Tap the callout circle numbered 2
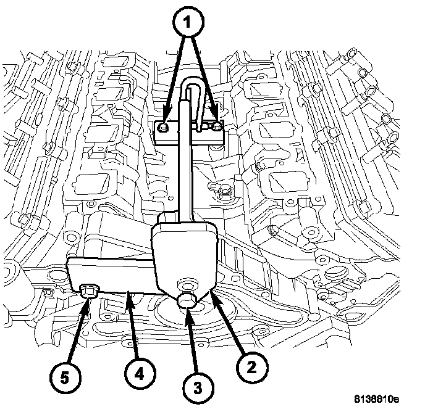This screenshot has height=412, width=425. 251,366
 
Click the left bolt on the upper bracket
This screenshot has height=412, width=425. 162,128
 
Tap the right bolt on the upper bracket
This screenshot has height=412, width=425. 216,126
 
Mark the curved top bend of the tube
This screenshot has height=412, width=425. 193,83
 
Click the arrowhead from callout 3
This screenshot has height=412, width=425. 188,310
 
